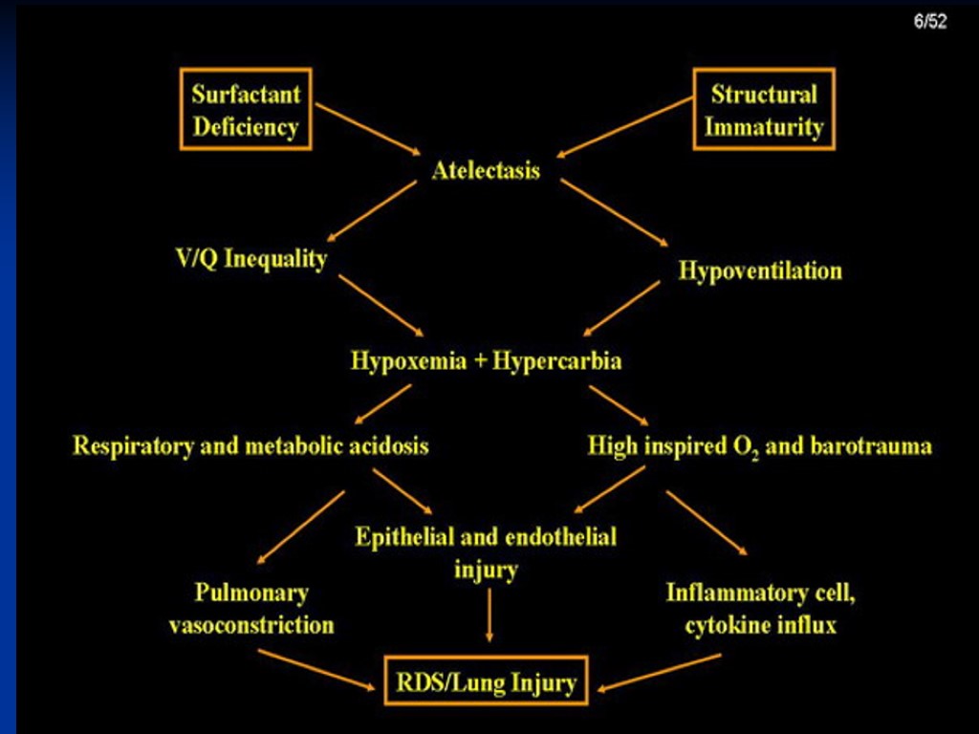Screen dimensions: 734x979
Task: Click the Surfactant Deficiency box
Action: (x=246, y=109)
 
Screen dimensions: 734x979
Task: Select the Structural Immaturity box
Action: (x=764, y=109)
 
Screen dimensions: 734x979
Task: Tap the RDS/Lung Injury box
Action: (x=486, y=682)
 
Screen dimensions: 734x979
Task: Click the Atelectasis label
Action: (x=486, y=171)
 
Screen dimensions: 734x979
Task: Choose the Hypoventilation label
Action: (x=760, y=270)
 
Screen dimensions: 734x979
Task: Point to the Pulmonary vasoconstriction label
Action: (x=251, y=609)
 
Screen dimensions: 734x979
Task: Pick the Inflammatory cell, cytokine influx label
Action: (x=760, y=609)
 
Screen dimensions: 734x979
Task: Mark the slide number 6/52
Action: (x=929, y=21)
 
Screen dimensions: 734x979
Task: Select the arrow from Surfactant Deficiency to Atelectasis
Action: (x=368, y=129)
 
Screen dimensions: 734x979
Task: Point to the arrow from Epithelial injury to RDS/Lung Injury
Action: (x=489, y=615)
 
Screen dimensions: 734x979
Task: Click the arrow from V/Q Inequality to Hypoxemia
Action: (x=381, y=305)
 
